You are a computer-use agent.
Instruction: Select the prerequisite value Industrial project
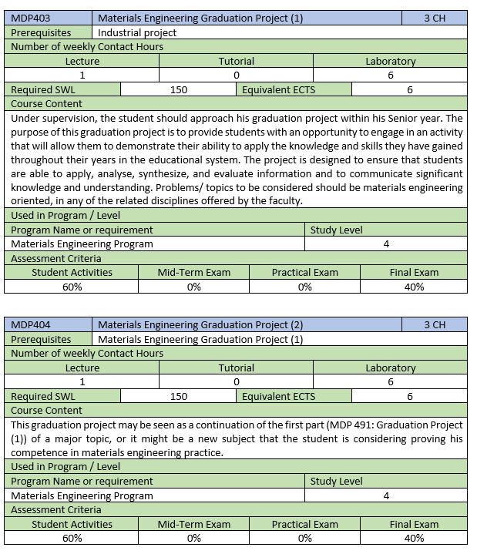coord(137,32)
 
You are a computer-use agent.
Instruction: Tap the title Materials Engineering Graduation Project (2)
coord(200,324)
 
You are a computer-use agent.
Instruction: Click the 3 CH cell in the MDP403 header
coord(435,18)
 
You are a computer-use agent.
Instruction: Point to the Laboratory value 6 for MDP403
coord(391,75)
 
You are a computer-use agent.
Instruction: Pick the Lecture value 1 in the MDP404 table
coord(82,381)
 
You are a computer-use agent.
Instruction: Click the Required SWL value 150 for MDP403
coord(179,89)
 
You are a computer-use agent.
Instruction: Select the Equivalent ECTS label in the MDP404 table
coord(278,396)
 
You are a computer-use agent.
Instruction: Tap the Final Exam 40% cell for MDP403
coord(414,287)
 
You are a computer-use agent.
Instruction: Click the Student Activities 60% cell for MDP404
coord(72,538)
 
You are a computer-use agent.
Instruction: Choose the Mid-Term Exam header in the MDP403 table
coord(193,272)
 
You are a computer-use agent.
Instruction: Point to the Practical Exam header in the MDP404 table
coord(305,524)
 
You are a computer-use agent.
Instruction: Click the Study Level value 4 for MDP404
coord(386,495)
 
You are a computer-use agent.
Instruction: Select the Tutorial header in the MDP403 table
coord(237,61)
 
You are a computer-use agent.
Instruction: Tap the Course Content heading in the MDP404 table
coord(46,410)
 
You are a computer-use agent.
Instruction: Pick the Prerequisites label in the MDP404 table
coord(41,339)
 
